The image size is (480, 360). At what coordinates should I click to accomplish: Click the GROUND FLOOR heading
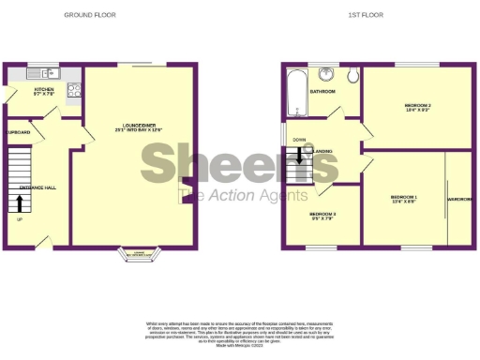click(90, 16)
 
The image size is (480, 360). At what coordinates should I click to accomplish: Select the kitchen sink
click(44, 73)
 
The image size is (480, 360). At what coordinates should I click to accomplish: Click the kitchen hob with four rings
click(74, 92)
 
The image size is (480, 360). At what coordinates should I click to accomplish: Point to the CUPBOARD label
click(18, 133)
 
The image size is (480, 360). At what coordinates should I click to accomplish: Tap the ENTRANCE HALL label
click(38, 187)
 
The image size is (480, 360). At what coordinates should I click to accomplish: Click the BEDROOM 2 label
click(416, 106)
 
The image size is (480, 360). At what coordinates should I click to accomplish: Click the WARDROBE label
click(459, 199)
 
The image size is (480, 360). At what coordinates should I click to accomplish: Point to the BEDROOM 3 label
click(322, 216)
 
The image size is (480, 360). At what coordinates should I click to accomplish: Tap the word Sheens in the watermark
click(239, 166)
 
